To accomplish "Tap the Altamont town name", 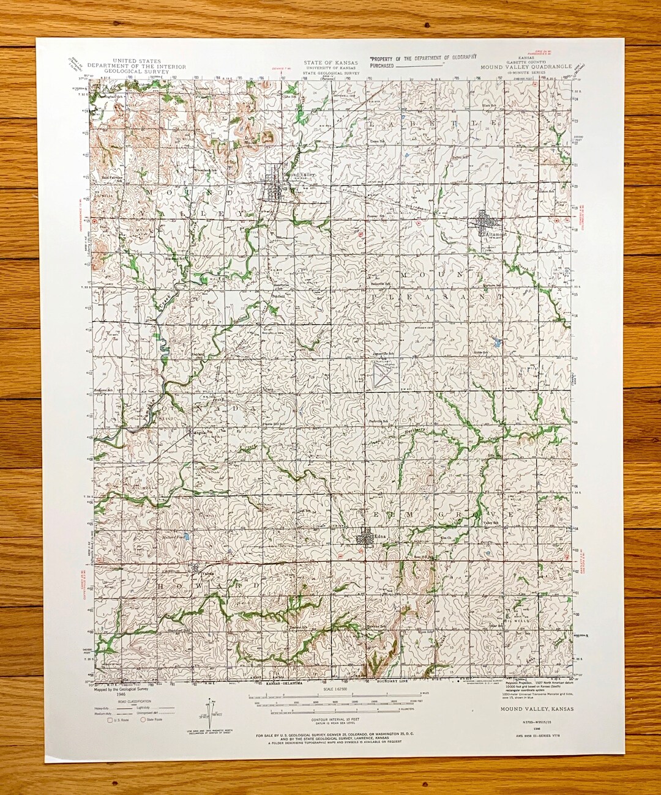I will [x=495, y=234].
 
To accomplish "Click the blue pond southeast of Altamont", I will [x=498, y=344].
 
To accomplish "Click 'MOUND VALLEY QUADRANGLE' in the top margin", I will [x=526, y=66].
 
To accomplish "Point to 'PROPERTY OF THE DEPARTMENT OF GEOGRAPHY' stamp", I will [x=422, y=57].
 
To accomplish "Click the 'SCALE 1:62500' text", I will [x=331, y=689].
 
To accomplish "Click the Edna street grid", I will [x=367, y=539].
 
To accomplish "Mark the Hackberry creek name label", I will [x=417, y=431].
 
